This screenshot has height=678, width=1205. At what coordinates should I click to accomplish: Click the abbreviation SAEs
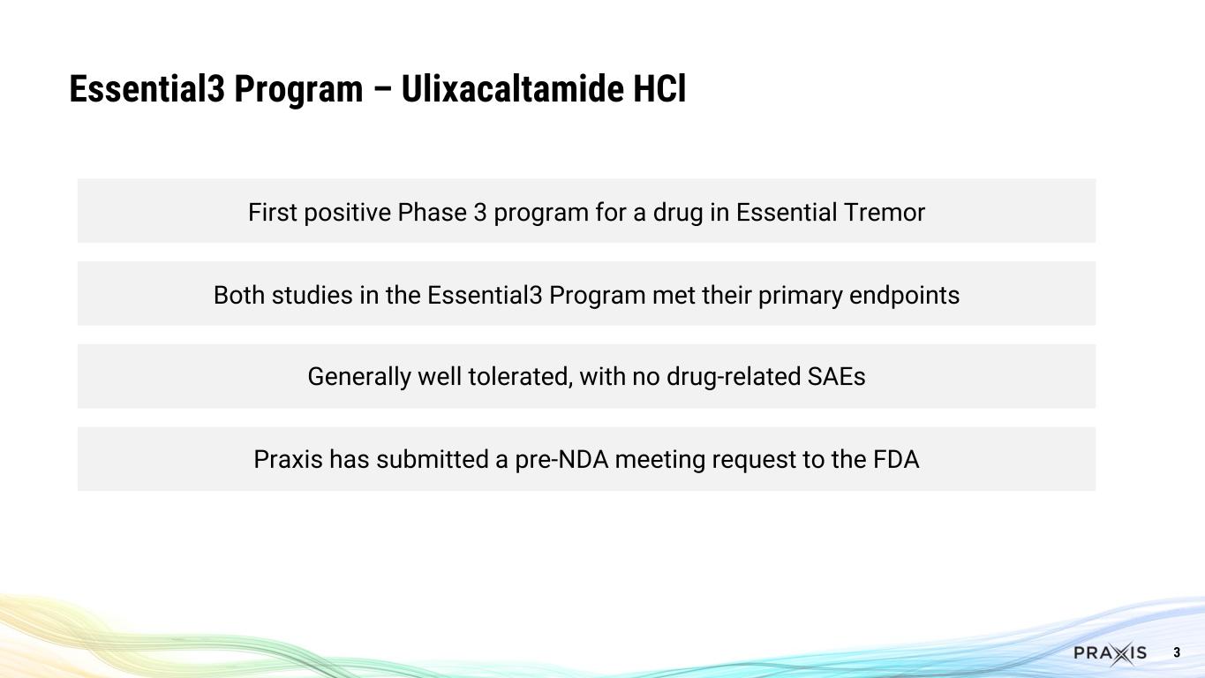837,377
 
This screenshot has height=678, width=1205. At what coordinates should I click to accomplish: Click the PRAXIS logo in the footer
1110,653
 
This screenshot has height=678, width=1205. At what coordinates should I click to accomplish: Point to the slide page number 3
1177,653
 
